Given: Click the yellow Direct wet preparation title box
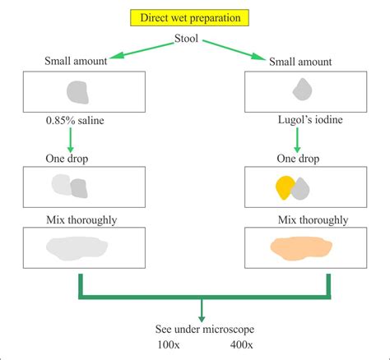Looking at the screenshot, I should click(x=195, y=17).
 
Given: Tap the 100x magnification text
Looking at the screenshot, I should click(x=169, y=344).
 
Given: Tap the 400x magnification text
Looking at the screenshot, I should click(x=240, y=344).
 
